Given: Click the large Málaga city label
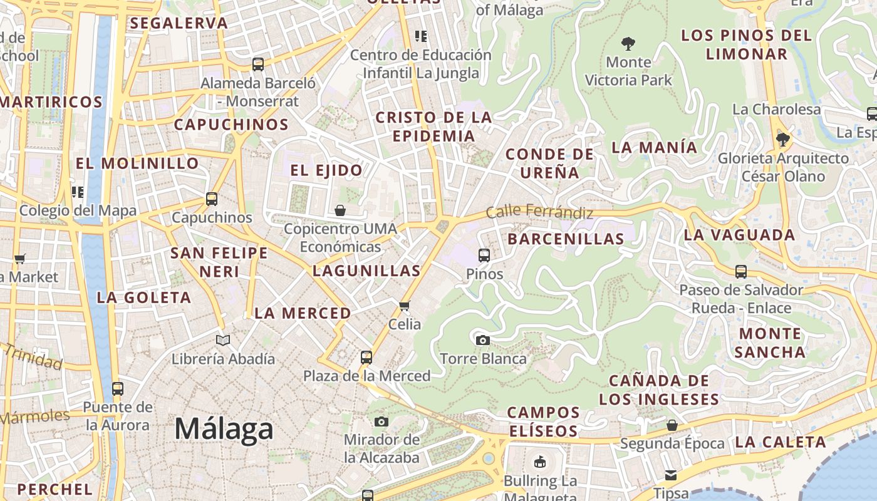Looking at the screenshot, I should point(224,429).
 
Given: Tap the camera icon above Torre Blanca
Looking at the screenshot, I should point(482,340).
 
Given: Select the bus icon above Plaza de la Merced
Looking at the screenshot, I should point(366,358).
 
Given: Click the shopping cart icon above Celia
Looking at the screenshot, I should point(405,306).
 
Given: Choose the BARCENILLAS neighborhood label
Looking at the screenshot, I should point(566,239).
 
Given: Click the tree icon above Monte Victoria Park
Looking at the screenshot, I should point(628,44).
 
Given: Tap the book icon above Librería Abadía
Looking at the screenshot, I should point(223,340).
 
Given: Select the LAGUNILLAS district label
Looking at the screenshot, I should point(366,271).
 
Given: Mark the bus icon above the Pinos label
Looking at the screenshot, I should point(484,256).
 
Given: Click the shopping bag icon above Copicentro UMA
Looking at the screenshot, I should point(340,210).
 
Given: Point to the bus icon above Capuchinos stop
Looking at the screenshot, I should point(212,199).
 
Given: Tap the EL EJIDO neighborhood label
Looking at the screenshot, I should point(326,170).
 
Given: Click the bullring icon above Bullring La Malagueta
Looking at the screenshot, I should point(539,463).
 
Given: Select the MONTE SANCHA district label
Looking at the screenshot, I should point(770,343).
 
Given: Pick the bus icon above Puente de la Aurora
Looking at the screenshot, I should point(118,388).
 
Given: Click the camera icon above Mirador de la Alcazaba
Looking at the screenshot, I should point(381,421).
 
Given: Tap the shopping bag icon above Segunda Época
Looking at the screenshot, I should point(672,426).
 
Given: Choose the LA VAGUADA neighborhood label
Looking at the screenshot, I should point(739,235).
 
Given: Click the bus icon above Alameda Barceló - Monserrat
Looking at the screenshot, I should point(257,64).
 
